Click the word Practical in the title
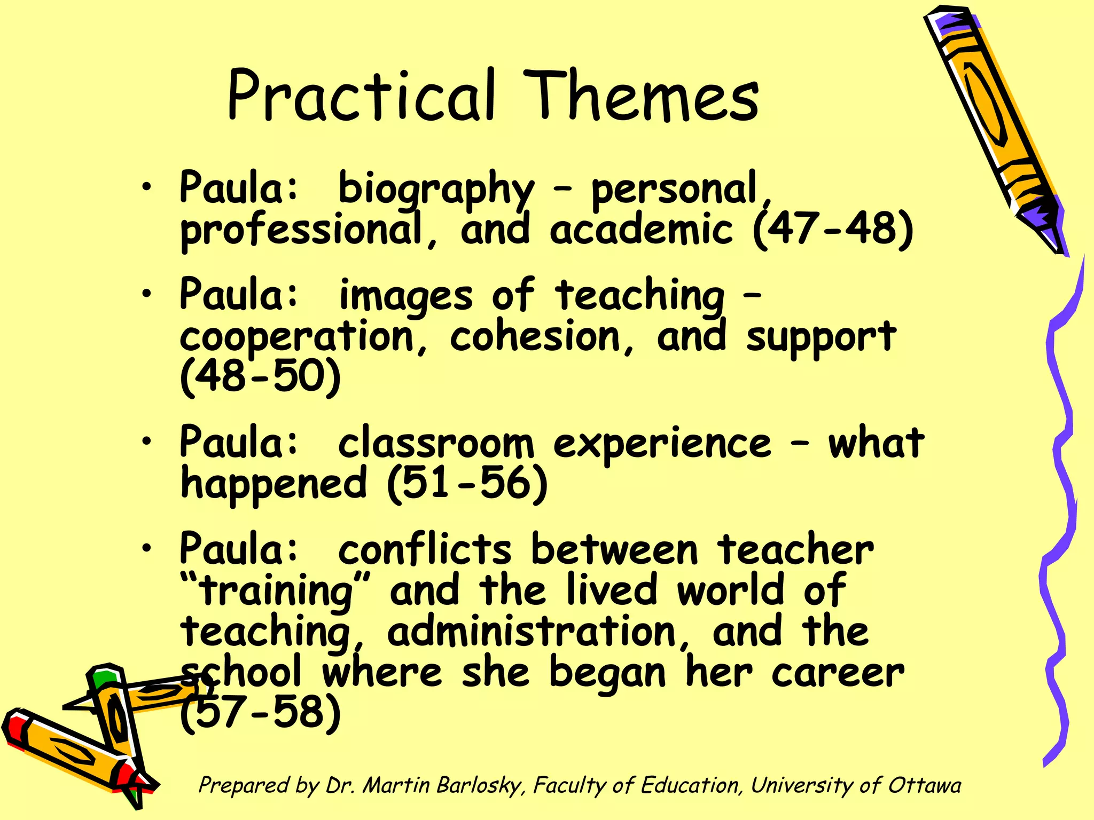(362, 96)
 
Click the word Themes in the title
(640, 96)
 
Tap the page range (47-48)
(833, 230)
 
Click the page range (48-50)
(260, 376)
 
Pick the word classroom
(436, 443)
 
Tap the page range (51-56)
(467, 484)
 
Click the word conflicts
(425, 550)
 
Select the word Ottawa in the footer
(924, 785)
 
